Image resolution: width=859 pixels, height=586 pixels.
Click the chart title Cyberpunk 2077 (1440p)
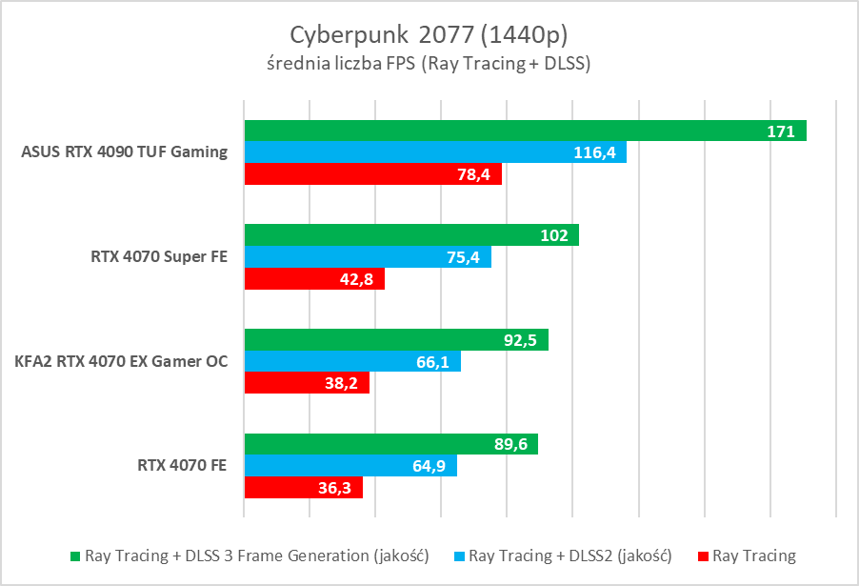point(429,34)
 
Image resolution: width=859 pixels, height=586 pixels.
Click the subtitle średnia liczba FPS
point(429,64)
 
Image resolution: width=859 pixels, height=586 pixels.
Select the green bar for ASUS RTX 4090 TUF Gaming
point(525,131)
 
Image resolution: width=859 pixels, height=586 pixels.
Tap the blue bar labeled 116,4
point(435,152)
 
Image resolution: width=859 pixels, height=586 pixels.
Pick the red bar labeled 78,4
point(372,173)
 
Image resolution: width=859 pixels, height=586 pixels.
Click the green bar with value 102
point(411,235)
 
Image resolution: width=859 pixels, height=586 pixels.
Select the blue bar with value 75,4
point(368,257)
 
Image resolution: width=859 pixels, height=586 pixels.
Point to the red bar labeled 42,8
point(314,278)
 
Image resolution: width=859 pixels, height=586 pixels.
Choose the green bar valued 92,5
point(396,340)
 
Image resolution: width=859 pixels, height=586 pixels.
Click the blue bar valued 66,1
point(352,362)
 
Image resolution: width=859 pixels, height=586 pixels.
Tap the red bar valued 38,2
point(307,383)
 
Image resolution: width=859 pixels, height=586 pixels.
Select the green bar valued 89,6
point(390,444)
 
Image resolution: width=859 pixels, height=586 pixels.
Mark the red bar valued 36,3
point(303,487)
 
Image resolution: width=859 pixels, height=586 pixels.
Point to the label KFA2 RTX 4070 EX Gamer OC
point(121,361)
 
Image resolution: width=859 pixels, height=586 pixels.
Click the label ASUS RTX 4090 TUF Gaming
point(123,152)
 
